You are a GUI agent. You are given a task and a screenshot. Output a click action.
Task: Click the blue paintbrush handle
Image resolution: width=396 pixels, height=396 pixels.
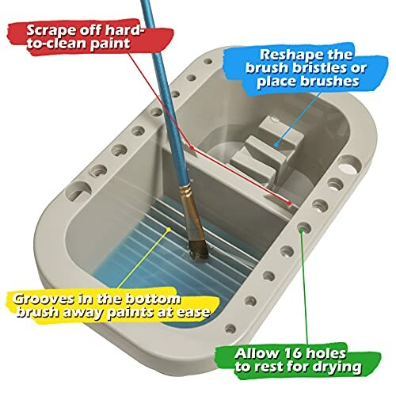point(162,87)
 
